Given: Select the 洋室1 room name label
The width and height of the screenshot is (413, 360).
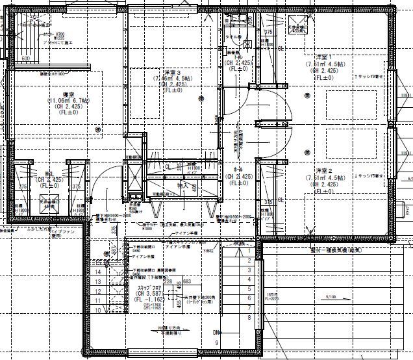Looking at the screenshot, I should point(323,57).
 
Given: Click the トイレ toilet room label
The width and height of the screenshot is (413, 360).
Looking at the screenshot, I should point(238,56).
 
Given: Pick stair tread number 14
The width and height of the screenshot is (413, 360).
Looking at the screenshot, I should point(98,271).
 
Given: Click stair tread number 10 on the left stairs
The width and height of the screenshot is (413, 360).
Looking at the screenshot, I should point(98,310).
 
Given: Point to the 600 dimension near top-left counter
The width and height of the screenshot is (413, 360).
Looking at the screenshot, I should point(26,59).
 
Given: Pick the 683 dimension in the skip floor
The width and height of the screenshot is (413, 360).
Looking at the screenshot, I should point(187,281).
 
